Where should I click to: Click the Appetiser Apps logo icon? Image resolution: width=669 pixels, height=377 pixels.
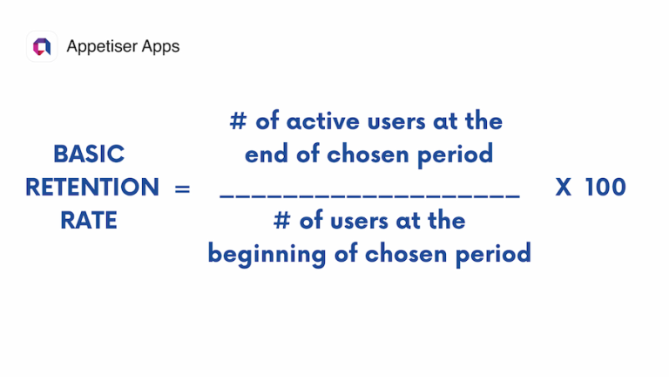click(x=41, y=46)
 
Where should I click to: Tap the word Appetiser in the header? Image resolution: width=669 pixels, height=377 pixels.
click(x=100, y=46)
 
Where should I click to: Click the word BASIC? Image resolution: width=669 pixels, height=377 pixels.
click(x=89, y=154)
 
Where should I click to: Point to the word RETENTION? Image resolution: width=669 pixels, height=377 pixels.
click(x=91, y=187)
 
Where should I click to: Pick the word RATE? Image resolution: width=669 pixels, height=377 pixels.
click(x=89, y=221)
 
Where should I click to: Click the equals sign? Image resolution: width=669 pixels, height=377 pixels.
click(x=182, y=188)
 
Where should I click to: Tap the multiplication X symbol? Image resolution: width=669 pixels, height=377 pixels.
click(x=564, y=188)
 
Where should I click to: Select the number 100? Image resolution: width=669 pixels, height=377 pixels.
click(x=605, y=188)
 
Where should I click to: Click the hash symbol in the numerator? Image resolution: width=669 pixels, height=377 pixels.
click(x=238, y=120)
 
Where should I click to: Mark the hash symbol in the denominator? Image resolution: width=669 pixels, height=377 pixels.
click(x=281, y=221)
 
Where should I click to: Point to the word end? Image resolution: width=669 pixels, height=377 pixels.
click(x=266, y=154)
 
